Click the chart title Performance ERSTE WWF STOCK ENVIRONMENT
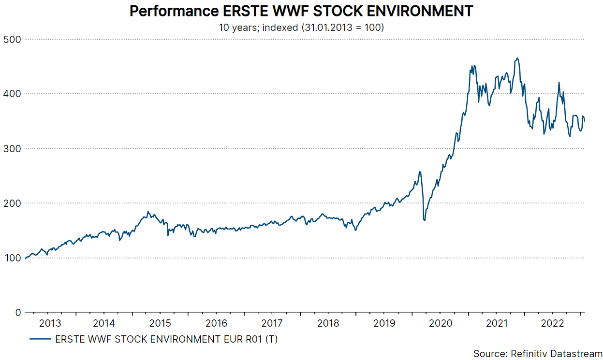[x=301, y=11]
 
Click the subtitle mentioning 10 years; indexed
[x=301, y=28]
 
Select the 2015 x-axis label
[x=160, y=323]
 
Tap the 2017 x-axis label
[x=272, y=323]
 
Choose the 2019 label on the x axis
[x=384, y=323]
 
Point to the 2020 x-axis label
[x=441, y=323]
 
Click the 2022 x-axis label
[x=552, y=323]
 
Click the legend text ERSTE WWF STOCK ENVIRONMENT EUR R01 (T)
[x=166, y=339]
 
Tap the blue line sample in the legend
[x=41, y=339]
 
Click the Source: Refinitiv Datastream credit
[x=538, y=354]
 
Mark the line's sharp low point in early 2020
[x=425, y=220]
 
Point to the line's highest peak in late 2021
[x=517, y=58]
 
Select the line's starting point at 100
[x=25, y=258]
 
